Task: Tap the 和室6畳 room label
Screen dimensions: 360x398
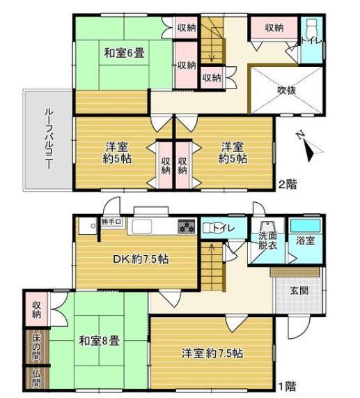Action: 125,54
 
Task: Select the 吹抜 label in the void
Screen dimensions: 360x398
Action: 286,90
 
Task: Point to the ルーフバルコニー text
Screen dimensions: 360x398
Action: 49,139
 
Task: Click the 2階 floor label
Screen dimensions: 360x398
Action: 288,184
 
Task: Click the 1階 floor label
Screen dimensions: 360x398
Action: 288,387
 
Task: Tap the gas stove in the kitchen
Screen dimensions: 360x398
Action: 187,226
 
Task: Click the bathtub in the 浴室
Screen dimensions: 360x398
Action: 306,225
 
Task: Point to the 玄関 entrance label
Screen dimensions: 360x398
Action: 299,291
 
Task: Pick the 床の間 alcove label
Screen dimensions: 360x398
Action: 36,347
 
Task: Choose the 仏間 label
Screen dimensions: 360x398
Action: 36,378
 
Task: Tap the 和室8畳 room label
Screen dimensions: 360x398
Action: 99,341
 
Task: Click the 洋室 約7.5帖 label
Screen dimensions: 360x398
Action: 212,353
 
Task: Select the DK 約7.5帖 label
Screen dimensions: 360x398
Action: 141,259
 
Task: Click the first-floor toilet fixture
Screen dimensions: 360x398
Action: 208,227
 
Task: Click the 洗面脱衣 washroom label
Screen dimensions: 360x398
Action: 267,240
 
